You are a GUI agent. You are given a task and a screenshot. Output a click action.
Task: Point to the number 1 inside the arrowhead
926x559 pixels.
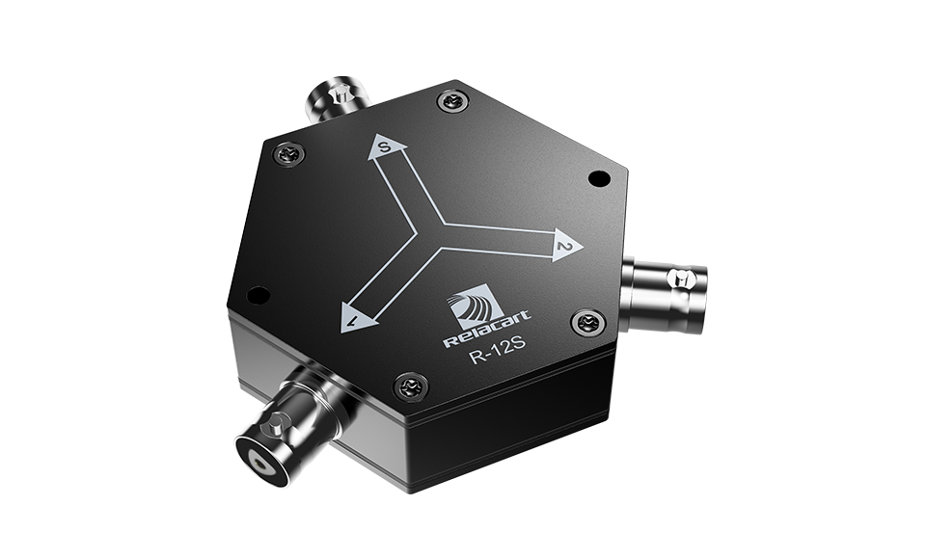click(x=356, y=319)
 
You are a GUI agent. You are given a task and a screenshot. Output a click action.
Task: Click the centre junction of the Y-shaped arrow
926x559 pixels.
click(x=440, y=236)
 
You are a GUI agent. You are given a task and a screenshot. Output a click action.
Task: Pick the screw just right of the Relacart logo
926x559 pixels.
click(x=588, y=322)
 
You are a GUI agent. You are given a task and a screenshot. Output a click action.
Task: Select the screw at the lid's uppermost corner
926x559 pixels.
click(x=452, y=100)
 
